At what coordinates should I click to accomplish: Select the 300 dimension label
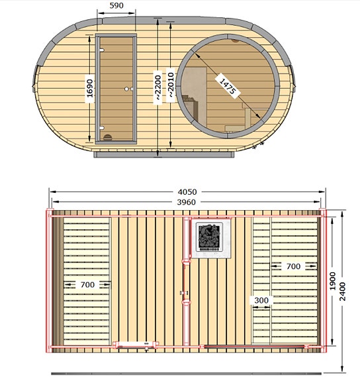(x=261, y=300)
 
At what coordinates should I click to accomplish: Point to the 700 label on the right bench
(x=293, y=266)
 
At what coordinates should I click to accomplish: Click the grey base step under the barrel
(x=163, y=155)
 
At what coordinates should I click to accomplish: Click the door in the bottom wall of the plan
(x=136, y=345)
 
